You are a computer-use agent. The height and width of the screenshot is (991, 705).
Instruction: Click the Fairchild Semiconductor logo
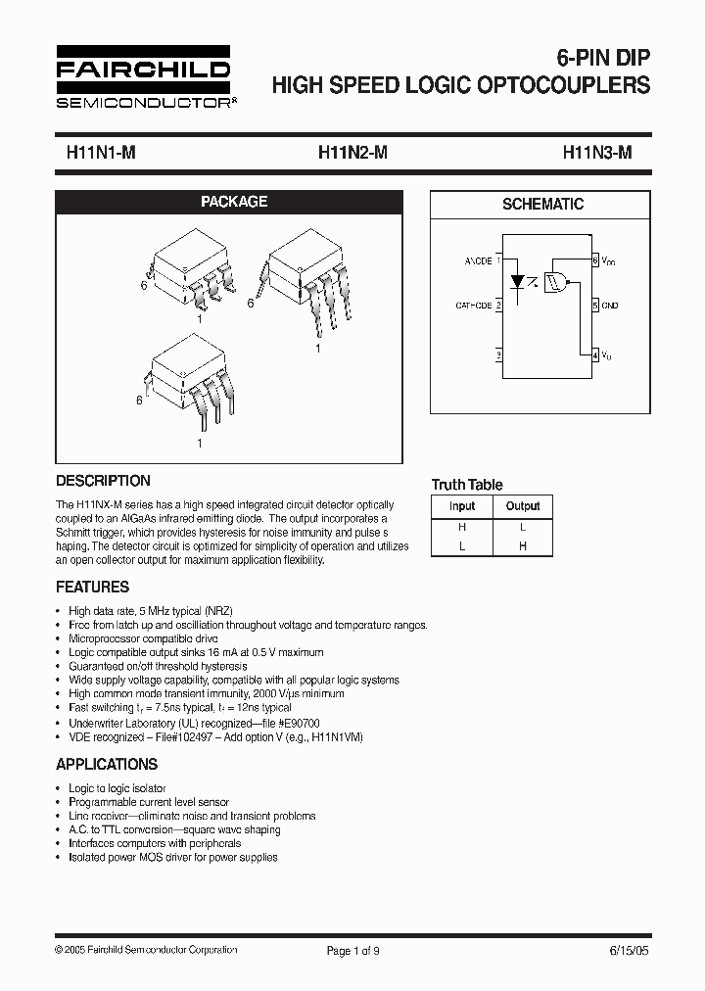142,76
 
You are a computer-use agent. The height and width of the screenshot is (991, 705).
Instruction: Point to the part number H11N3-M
597,153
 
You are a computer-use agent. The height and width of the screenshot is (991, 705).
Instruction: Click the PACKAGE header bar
234,202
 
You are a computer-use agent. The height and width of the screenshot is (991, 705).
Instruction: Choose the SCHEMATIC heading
542,205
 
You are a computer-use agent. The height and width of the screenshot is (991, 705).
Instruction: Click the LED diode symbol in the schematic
519,281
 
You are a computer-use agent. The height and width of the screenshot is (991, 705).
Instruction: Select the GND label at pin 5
610,306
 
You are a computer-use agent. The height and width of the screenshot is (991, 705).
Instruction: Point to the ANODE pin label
479,262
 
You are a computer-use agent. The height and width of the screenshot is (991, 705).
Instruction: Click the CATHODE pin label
474,306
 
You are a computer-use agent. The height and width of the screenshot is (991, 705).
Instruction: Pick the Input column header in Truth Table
462,506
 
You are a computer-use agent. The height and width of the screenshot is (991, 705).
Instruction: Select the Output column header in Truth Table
523,506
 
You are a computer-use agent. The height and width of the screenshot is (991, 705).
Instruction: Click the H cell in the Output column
523,546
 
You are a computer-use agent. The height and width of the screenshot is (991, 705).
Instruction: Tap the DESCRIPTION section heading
104,481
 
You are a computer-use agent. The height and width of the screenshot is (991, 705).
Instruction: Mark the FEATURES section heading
93,588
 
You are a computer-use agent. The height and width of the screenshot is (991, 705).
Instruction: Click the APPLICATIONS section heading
107,764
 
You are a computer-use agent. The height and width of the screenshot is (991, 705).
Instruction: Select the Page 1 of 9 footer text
353,950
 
